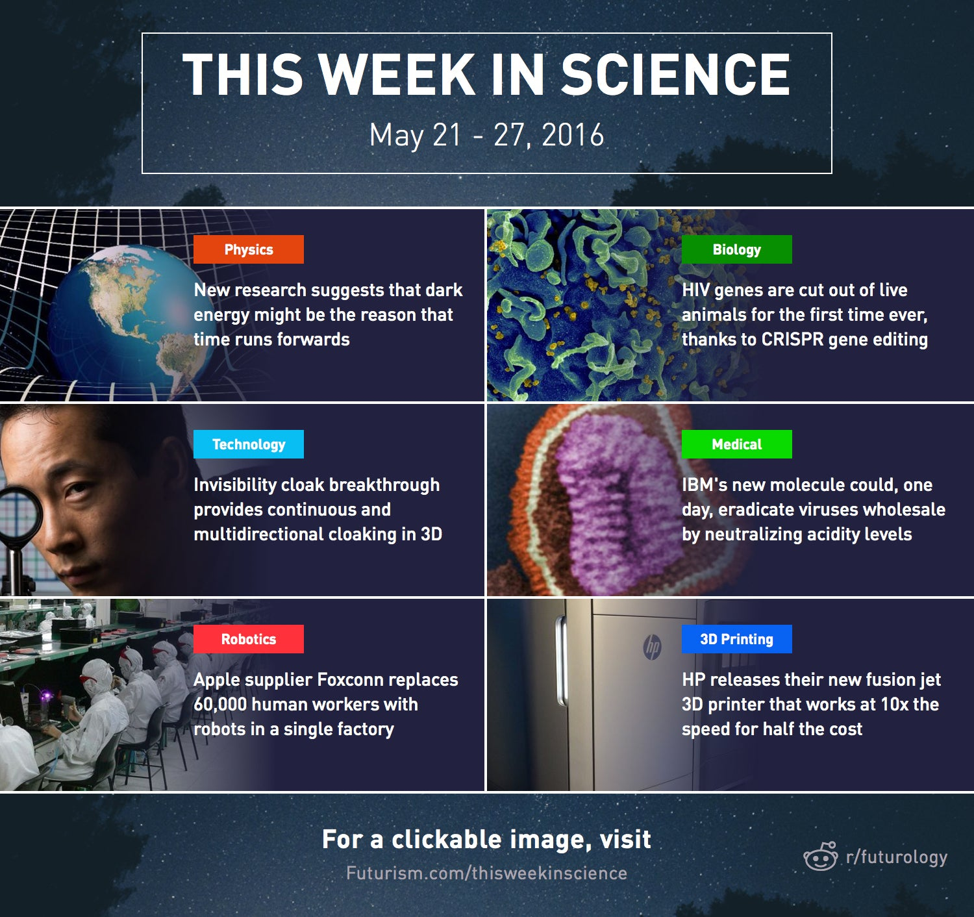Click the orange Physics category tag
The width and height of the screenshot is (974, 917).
coord(249,249)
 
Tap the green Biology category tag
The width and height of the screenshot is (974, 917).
coord(736,249)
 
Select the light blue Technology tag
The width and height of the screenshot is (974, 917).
coord(249,444)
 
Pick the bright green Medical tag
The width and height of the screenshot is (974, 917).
coord(736,444)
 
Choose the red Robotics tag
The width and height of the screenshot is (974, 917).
coord(249,639)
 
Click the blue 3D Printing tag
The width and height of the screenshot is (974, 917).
coord(736,639)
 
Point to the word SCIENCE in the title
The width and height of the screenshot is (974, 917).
coord(675,74)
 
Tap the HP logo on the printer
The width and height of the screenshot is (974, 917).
coord(653,647)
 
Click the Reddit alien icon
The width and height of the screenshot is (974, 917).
coord(821,857)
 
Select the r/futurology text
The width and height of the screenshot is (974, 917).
coord(897,857)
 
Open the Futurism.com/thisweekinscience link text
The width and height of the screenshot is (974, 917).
coord(486,873)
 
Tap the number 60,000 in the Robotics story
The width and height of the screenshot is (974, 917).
coord(220,705)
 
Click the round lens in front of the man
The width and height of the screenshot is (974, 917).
coord(19,516)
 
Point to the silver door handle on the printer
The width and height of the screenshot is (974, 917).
coord(562,660)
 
